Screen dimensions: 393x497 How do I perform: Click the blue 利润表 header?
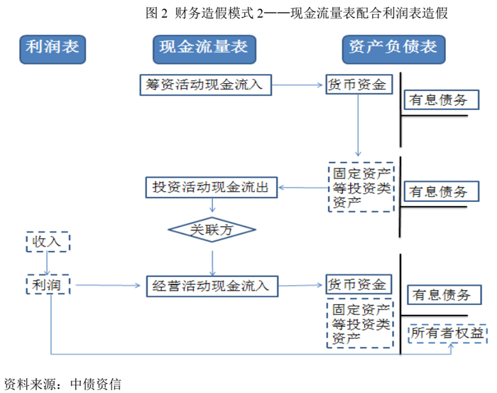[52, 48]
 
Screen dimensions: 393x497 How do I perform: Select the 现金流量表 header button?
[204, 48]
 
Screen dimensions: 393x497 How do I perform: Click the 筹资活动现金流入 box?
[204, 85]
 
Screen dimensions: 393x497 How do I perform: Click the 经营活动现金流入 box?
[211, 286]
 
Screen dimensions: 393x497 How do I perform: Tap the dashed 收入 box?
[48, 242]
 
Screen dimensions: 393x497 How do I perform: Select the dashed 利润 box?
[48, 286]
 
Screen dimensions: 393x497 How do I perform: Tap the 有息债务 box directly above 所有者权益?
[440, 295]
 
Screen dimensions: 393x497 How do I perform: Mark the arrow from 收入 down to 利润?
[48, 264]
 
